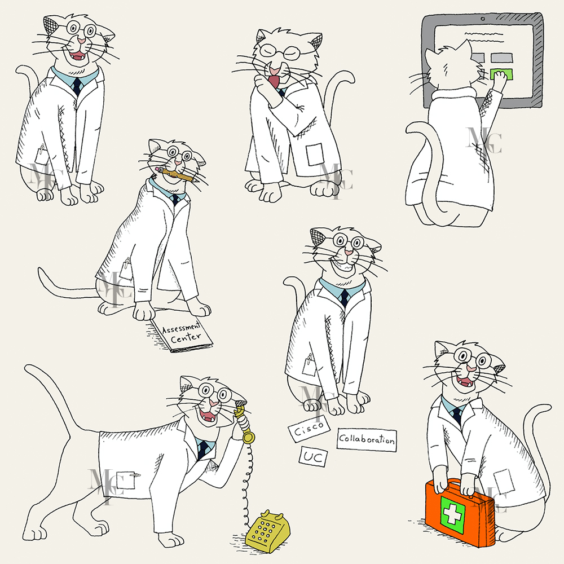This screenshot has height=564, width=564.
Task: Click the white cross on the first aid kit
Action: [x=452, y=514]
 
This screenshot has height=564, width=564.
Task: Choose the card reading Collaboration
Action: [x=367, y=439]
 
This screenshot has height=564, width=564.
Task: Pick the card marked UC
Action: [x=313, y=457]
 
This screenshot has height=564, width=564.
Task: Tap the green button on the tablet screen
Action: [x=499, y=74]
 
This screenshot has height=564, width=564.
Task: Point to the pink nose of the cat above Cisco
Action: [x=348, y=252]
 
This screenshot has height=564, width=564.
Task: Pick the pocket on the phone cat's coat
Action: [x=126, y=480]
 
